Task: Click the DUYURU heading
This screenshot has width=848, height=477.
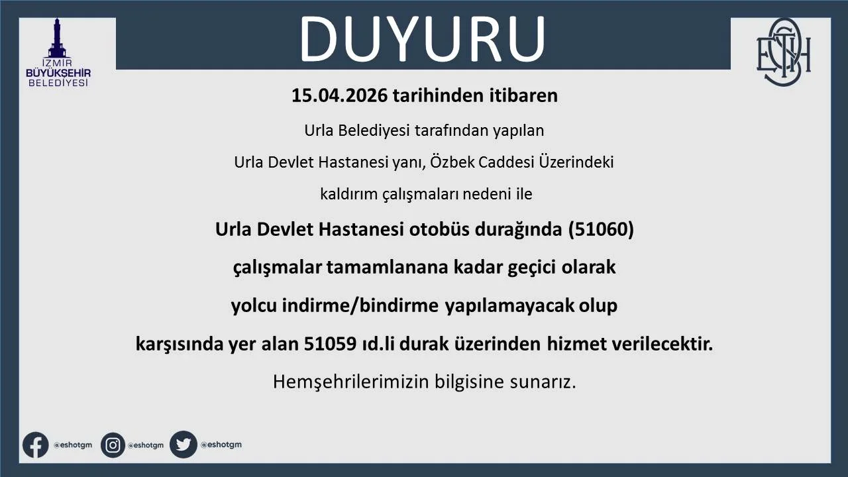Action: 422,38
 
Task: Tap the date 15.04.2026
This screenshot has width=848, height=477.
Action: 340,95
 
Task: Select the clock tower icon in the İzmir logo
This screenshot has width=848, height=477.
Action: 57,38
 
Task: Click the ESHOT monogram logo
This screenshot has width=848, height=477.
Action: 783,52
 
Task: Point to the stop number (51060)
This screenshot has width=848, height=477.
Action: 601,229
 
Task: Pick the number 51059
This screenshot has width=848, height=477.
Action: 330,344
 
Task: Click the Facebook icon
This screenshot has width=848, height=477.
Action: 36,445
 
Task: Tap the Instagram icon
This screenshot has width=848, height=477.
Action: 113,445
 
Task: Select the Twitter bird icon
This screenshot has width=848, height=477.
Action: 184,445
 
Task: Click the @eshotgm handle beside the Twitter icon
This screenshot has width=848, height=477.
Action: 221,445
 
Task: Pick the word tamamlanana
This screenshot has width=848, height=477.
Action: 388,267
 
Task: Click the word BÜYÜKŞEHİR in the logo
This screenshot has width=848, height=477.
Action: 58,73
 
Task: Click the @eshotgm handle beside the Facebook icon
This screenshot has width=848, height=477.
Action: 73,445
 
